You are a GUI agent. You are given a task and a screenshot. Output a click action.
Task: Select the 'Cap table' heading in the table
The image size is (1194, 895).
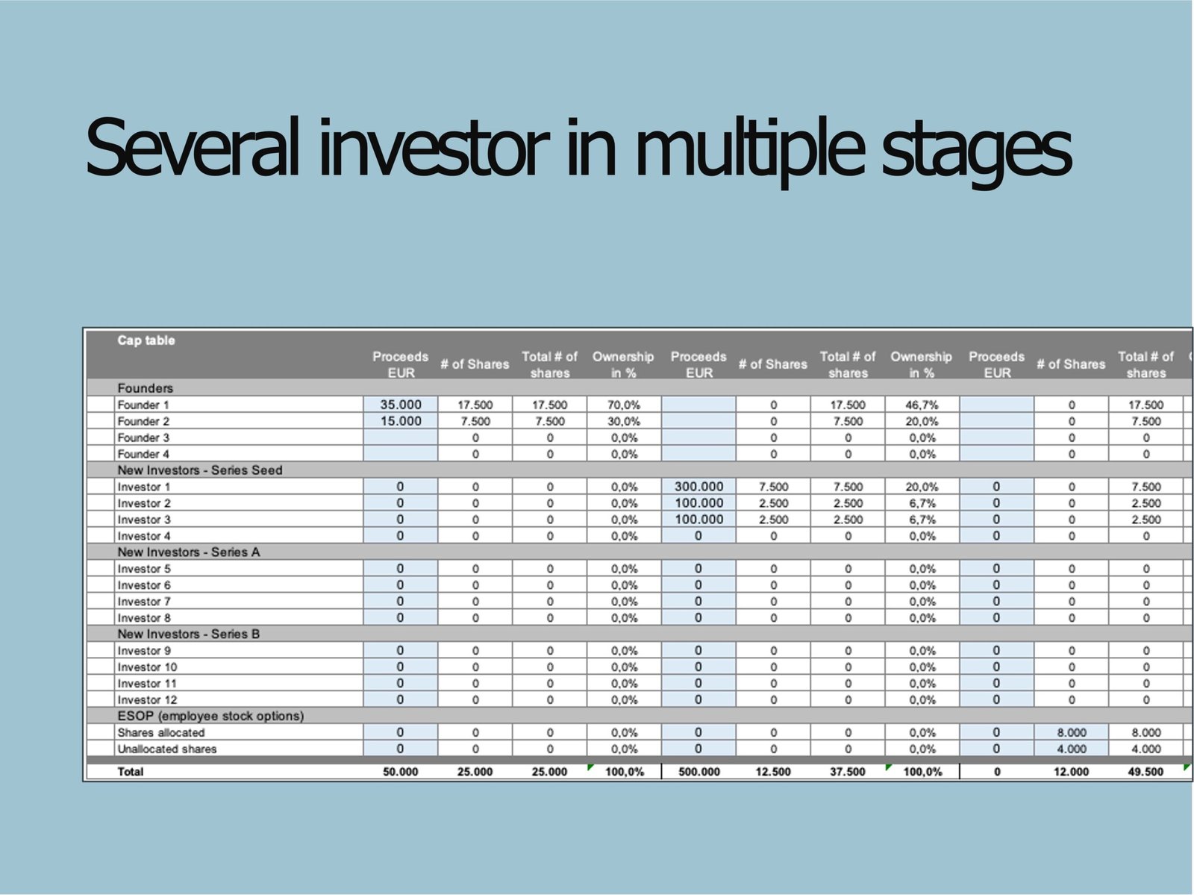[146, 340]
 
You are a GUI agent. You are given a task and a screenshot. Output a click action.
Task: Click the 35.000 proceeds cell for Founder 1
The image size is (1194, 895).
[400, 405]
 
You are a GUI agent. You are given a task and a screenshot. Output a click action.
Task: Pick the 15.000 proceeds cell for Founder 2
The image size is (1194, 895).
[400, 420]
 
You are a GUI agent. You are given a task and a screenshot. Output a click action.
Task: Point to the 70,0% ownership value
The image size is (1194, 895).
[624, 405]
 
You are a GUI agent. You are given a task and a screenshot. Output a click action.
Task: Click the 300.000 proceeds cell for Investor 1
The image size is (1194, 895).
[698, 486]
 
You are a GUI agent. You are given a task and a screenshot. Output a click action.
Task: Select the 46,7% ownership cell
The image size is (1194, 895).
[922, 405]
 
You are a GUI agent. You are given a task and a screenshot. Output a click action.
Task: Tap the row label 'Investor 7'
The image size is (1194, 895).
[144, 601]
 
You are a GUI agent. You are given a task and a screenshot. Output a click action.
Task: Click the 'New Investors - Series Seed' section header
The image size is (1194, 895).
[200, 470]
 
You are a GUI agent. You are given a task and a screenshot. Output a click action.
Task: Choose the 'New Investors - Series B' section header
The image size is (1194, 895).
[188, 634]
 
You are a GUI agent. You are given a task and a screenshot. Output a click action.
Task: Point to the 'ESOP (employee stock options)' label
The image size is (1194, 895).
[210, 715]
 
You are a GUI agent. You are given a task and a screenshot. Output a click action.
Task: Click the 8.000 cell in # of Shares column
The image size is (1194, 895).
[1071, 732]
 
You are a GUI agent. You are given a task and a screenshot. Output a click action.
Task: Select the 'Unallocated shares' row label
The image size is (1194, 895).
[167, 749]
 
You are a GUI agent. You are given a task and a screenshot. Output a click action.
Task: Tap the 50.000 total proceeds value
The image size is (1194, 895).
[400, 772]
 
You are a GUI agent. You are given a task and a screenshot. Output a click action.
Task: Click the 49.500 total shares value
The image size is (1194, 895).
[1145, 772]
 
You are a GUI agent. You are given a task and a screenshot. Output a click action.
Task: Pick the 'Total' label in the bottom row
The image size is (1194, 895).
[131, 772]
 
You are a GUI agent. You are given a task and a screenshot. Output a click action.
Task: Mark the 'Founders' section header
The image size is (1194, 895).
[146, 388]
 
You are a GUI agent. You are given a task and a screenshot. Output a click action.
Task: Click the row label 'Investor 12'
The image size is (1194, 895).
[148, 699]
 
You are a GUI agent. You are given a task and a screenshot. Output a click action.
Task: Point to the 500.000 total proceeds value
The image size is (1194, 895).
[699, 772]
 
